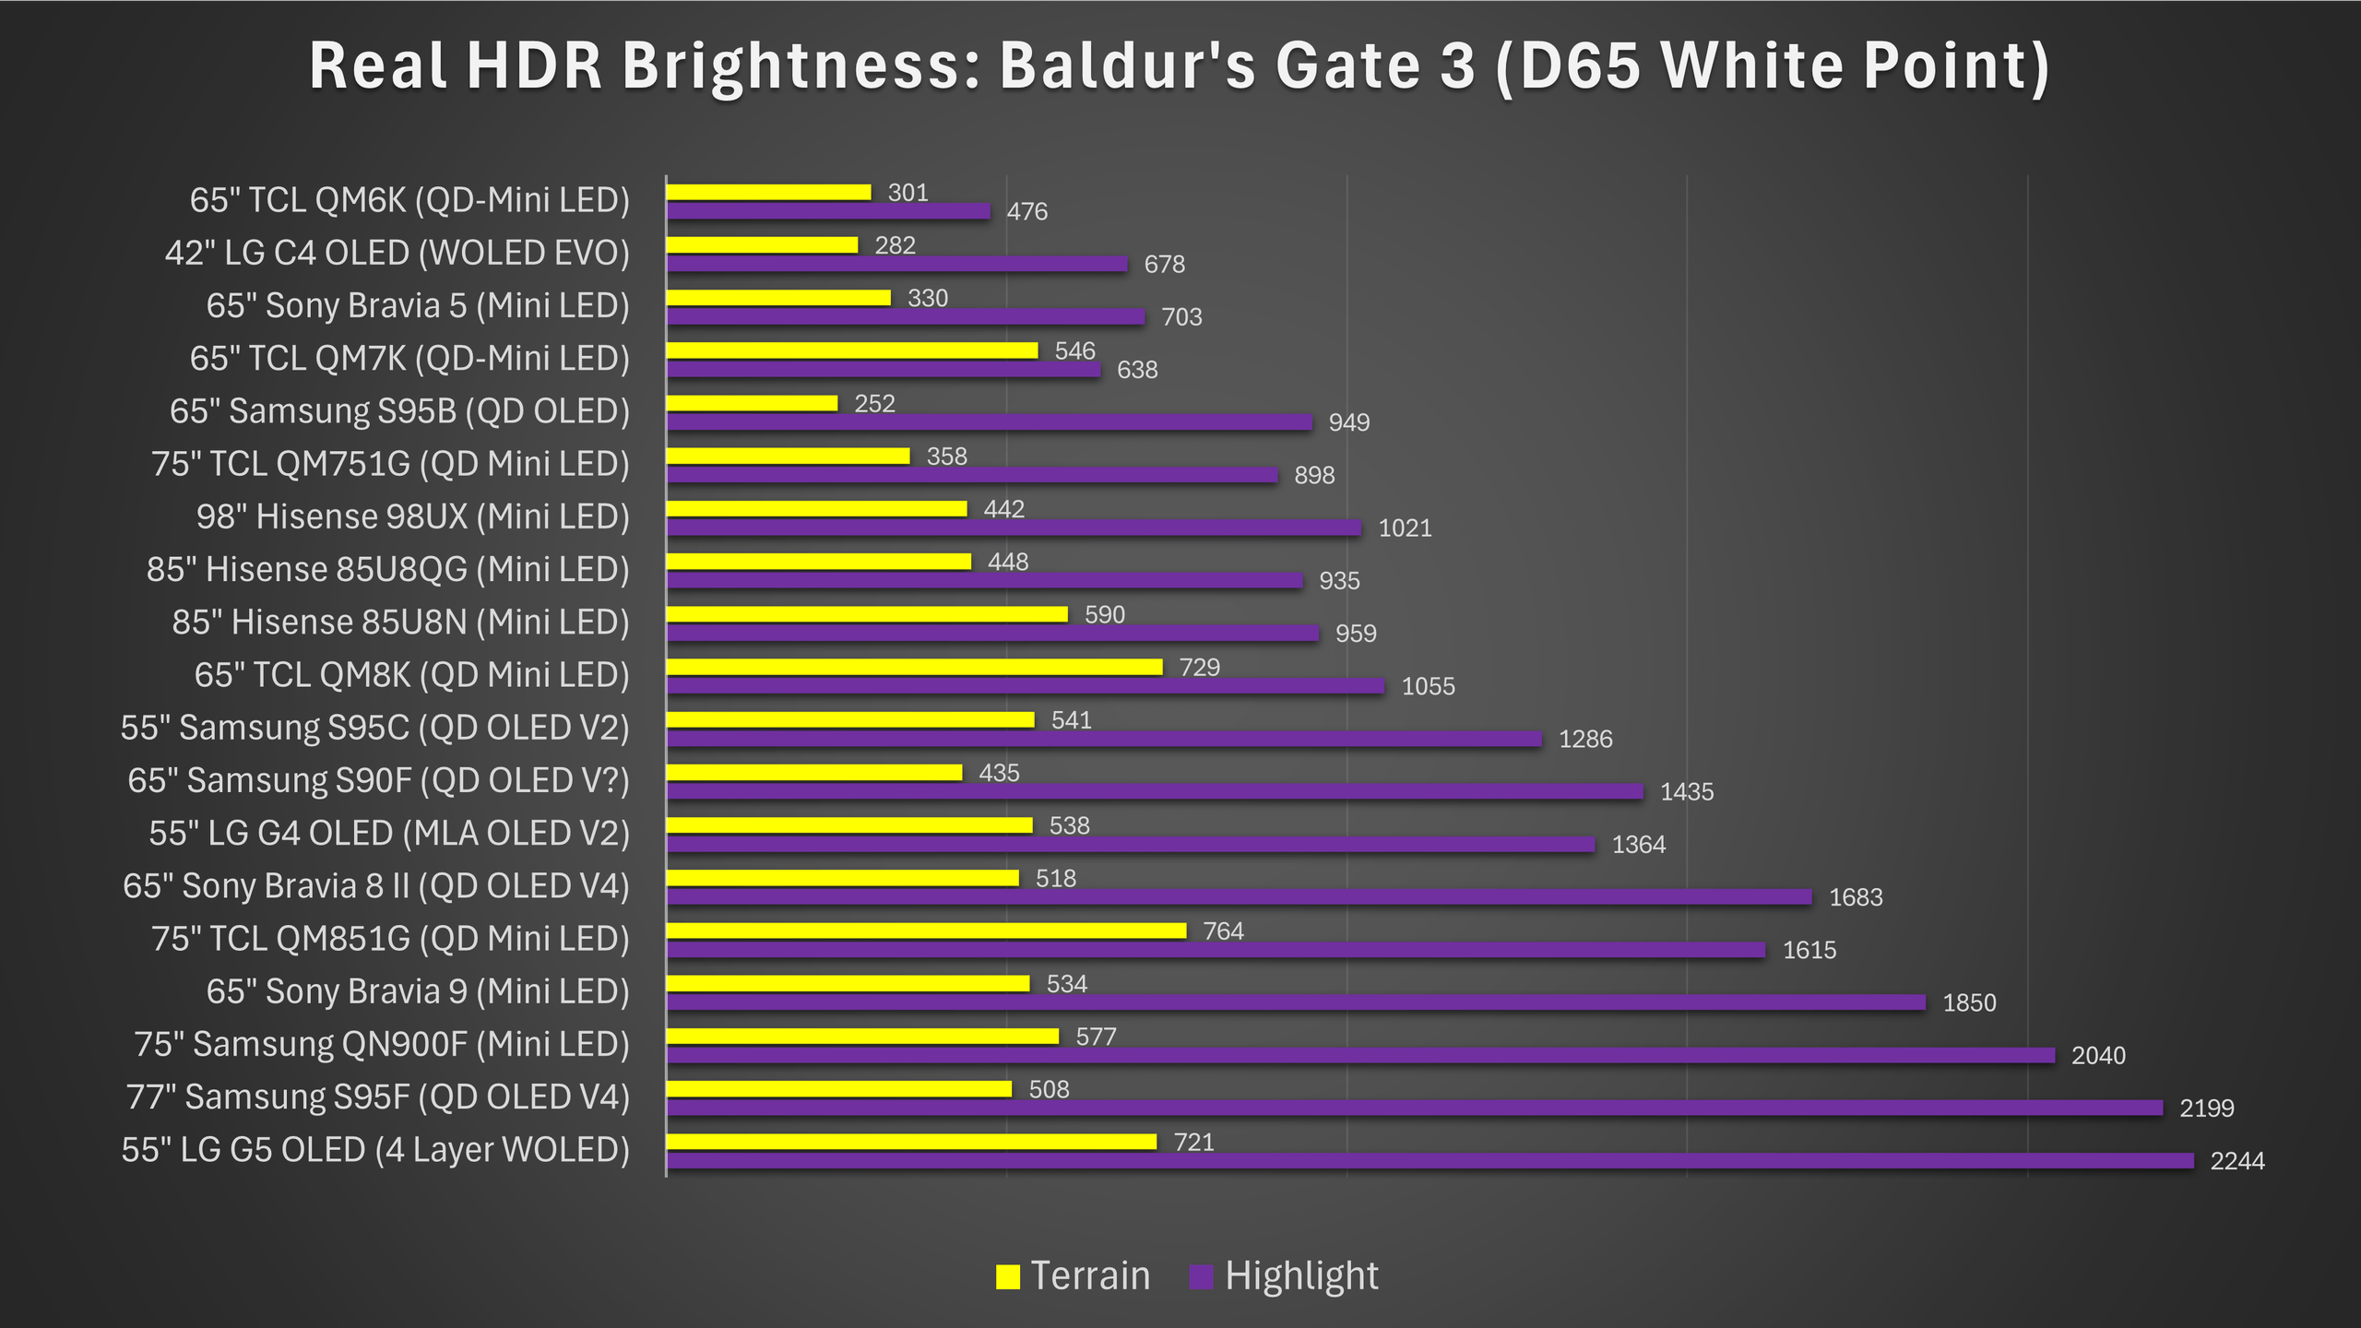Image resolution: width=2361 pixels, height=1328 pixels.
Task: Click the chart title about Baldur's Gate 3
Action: pyautogui.click(x=1179, y=66)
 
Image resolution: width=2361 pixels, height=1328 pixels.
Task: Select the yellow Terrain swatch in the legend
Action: pyautogui.click(x=1007, y=1276)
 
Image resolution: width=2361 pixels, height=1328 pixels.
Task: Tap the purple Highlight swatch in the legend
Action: pyautogui.click(x=1201, y=1276)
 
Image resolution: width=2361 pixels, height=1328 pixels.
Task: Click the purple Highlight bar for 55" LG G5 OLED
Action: pyautogui.click(x=1430, y=1161)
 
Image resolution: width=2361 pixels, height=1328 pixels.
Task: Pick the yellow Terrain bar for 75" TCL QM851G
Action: pyautogui.click(x=926, y=931)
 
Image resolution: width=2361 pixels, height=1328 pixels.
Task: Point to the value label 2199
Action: pyautogui.click(x=2206, y=1108)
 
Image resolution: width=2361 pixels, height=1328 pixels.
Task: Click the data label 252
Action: pyautogui.click(x=874, y=404)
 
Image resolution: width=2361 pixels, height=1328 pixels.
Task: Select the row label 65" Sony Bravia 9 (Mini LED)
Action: pyautogui.click(x=418, y=991)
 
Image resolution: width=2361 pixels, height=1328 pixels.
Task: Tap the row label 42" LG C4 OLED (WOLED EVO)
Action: pyautogui.click(x=397, y=253)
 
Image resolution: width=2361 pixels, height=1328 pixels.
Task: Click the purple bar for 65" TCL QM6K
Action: pyautogui.click(x=828, y=211)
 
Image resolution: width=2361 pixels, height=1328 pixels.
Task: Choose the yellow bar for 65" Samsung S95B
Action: pyautogui.click(x=752, y=403)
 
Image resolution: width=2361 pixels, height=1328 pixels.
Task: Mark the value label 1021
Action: pyautogui.click(x=1405, y=528)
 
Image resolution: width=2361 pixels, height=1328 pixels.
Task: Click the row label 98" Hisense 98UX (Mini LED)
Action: pyautogui.click(x=412, y=516)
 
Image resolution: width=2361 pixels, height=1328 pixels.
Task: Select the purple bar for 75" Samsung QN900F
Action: pyautogui.click(x=1360, y=1055)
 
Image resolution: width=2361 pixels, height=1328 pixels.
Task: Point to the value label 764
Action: pyautogui.click(x=1223, y=931)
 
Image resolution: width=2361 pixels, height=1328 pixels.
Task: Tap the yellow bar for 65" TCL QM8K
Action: pyautogui.click(x=914, y=667)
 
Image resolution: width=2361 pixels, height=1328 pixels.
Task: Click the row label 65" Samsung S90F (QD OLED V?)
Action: pyautogui.click(x=378, y=780)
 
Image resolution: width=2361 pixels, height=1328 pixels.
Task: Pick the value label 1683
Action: pyautogui.click(x=1856, y=897)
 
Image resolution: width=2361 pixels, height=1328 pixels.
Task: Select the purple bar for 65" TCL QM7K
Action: pyautogui.click(x=884, y=370)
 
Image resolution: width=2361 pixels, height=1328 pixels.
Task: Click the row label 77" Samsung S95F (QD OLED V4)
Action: pyautogui.click(x=377, y=1097)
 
